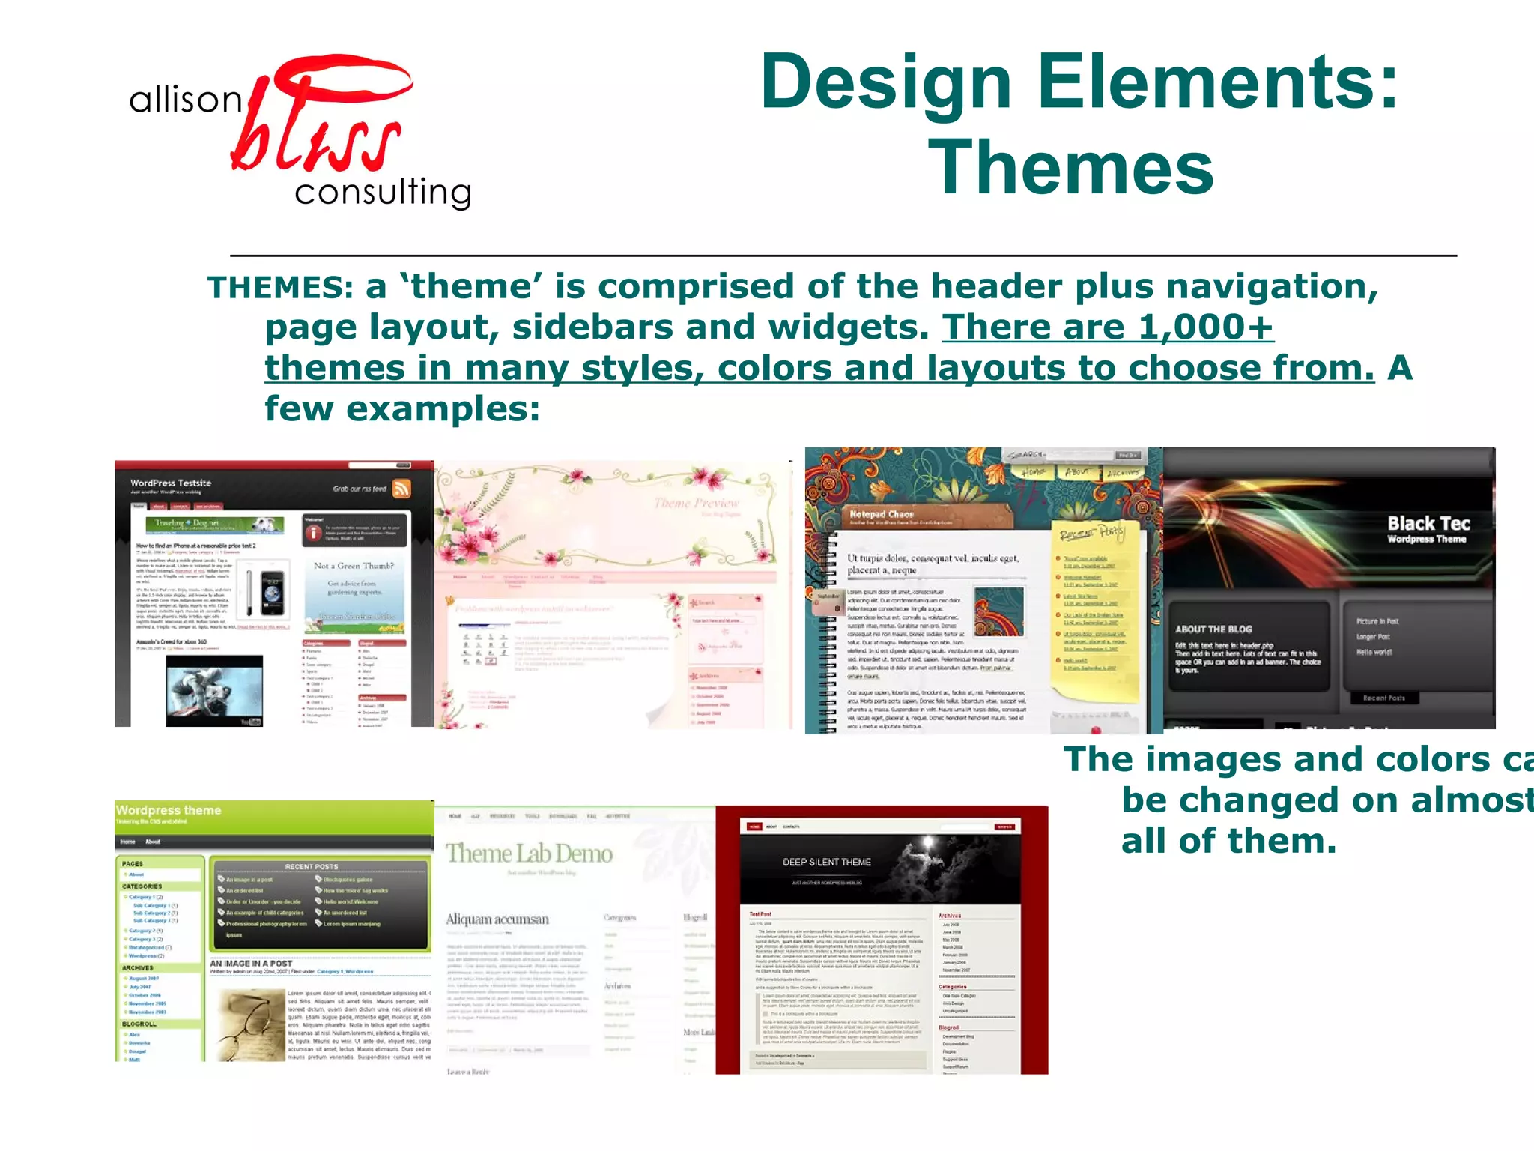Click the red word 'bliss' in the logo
point(318,127)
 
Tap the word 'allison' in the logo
point(185,100)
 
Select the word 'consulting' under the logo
point(383,193)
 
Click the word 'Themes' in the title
point(1071,168)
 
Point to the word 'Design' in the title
point(885,82)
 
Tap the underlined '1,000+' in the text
point(1205,327)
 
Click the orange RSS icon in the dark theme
point(402,489)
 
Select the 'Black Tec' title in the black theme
point(1428,524)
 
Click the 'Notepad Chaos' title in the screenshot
point(882,514)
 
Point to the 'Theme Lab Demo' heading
point(529,854)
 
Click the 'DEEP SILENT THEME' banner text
point(827,863)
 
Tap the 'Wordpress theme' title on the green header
point(169,810)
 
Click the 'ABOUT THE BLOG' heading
point(1213,629)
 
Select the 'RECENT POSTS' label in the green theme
point(312,867)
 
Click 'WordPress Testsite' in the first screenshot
point(171,483)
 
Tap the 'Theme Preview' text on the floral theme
point(696,503)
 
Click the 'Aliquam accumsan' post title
point(497,919)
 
